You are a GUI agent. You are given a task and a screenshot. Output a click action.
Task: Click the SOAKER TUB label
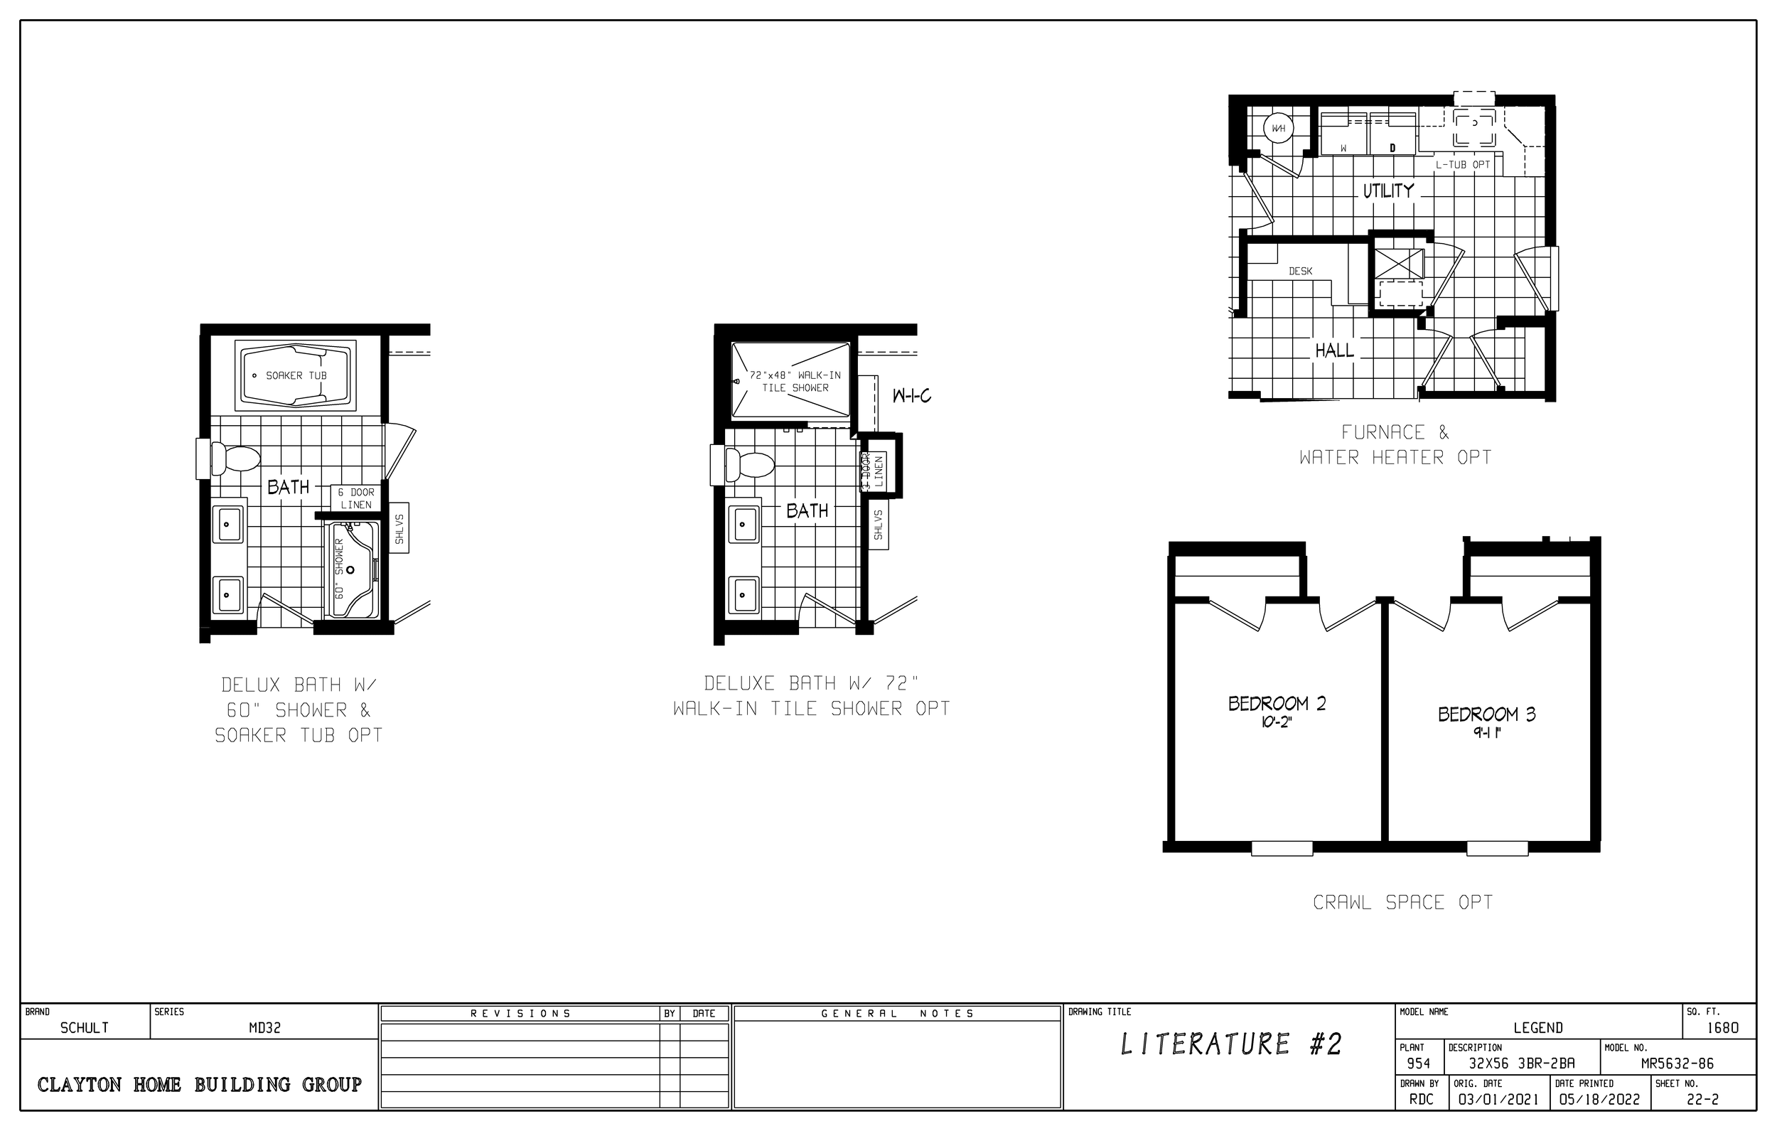pos(296,376)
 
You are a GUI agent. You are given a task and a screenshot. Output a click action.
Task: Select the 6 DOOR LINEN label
pos(355,498)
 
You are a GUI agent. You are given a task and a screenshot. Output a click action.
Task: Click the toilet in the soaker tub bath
pos(235,459)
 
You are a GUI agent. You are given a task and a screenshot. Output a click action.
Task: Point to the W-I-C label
pos(911,397)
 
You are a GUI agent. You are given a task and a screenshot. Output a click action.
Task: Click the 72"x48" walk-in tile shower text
pos(795,382)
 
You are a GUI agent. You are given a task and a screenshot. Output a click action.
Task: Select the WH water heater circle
pos(1278,129)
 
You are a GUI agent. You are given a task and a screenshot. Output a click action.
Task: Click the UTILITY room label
pos(1388,191)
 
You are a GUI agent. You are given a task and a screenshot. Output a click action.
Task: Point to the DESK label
pos(1300,272)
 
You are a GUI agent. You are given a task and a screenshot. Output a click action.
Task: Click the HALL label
pos(1334,350)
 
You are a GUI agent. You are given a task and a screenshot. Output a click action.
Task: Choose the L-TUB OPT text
pos(1463,166)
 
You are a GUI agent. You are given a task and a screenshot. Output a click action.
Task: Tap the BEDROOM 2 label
pos(1277,704)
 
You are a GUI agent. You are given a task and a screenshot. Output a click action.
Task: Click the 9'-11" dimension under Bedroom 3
pos(1486,733)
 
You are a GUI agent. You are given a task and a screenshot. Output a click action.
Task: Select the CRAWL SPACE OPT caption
pos(1402,902)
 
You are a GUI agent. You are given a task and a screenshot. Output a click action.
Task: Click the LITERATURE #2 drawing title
pos(1230,1044)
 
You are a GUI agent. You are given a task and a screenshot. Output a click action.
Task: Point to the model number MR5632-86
pos(1677,1063)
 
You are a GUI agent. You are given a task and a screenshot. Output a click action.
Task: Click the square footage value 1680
pos(1722,1028)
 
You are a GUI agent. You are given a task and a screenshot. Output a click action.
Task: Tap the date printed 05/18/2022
pos(1599,1099)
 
